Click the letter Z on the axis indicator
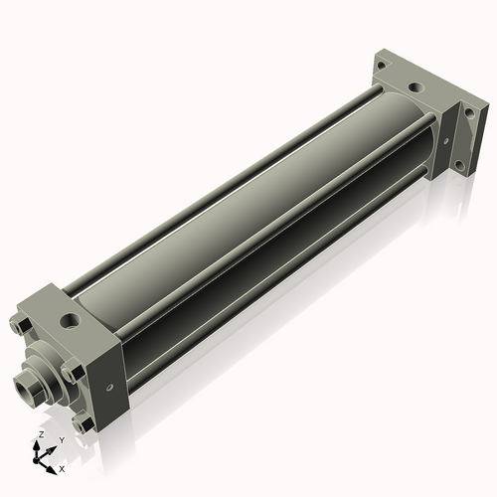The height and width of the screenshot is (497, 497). click(x=41, y=434)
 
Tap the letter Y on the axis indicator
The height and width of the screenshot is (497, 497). click(x=62, y=440)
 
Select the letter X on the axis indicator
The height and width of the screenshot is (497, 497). click(x=62, y=469)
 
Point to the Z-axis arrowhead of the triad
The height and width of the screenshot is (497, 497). click(x=36, y=444)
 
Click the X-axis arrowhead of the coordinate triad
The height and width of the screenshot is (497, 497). click(x=51, y=470)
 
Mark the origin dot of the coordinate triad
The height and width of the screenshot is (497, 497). click(x=36, y=461)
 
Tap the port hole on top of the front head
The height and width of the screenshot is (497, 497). click(x=70, y=321)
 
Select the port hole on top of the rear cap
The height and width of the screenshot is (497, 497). click(x=415, y=88)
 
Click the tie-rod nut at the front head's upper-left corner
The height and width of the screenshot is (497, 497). click(x=21, y=325)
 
